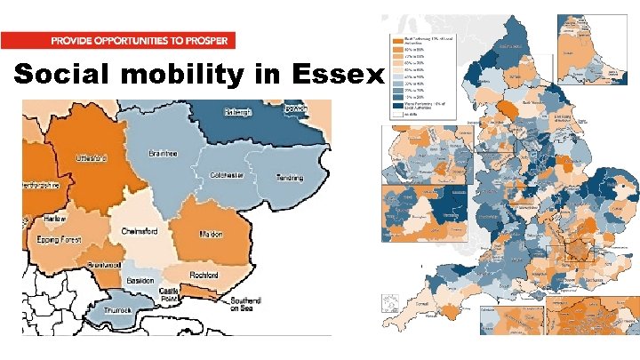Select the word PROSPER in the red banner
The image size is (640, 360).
[207, 41]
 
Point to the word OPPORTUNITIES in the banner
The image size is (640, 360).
[140, 41]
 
